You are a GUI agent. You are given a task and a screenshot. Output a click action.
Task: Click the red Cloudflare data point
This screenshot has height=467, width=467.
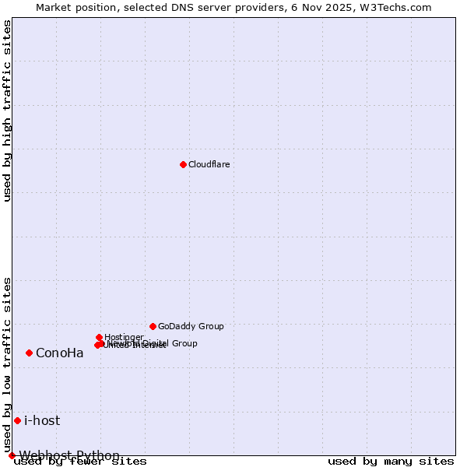pos(183,164)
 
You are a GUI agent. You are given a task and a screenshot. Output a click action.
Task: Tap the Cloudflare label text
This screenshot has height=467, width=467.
pos(209,164)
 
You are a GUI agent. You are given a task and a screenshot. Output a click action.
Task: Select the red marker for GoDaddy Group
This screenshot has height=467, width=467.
pos(153,326)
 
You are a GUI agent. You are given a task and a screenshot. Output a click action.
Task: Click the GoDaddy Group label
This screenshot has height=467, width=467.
pos(191,326)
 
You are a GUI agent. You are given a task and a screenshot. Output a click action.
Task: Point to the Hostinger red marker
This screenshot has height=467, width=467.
pos(100,337)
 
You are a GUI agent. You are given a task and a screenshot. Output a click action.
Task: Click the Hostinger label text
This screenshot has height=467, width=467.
pos(124,337)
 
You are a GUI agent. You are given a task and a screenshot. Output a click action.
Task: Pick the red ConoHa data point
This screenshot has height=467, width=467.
pos(29,353)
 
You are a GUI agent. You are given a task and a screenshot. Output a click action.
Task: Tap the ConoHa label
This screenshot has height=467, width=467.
pos(59,353)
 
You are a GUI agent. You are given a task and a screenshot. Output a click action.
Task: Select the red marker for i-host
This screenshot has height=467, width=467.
pos(17,420)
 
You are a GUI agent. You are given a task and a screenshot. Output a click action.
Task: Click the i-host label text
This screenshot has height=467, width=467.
pos(42,420)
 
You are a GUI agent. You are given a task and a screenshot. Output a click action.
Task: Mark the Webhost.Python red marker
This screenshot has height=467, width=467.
pos(12,455)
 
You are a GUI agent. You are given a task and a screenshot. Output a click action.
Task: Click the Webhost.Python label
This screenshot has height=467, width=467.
pos(69,455)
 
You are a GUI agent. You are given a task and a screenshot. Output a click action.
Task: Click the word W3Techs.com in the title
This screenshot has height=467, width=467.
pos(399,7)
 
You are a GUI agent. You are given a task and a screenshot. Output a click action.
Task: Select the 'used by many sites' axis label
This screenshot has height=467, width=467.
pos(391,462)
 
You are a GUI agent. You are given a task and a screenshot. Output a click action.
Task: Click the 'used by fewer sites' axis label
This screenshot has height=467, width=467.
pos(81,462)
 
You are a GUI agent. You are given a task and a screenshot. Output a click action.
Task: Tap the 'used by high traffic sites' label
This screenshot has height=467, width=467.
pos(8,111)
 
